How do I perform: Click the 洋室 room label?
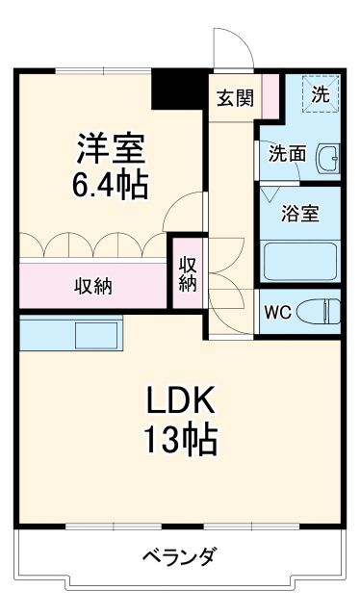(x=111, y=149)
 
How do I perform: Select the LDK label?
(x=179, y=401)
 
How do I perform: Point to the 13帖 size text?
(x=180, y=440)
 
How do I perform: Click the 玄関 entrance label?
(x=234, y=97)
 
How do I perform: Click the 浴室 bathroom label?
(x=300, y=214)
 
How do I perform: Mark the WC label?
(x=278, y=312)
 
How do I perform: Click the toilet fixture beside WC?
(x=319, y=312)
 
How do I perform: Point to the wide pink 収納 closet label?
(x=94, y=285)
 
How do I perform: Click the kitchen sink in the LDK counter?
(x=96, y=336)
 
